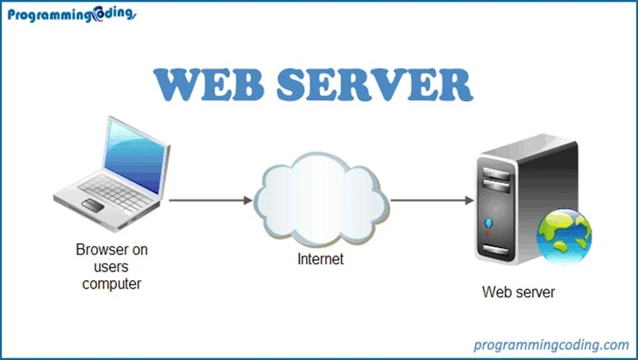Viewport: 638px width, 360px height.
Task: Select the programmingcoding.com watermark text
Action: click(550, 344)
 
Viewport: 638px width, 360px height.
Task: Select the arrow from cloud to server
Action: click(432, 200)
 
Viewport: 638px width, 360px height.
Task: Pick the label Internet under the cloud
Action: click(320, 259)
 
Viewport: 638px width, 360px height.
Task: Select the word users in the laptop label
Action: click(111, 267)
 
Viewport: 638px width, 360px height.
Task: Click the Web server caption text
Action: click(518, 292)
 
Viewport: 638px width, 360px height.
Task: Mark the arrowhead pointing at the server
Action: click(469, 200)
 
